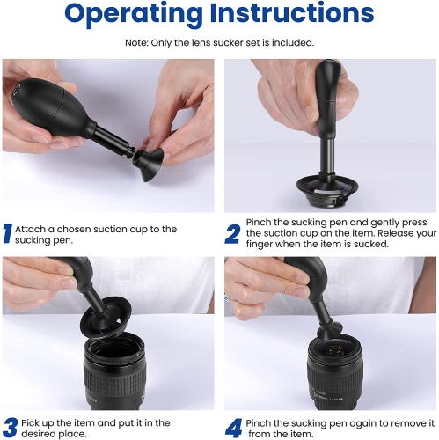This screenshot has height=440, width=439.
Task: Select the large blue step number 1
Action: coord(7,234)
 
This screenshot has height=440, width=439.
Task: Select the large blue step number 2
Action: coord(232,234)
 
